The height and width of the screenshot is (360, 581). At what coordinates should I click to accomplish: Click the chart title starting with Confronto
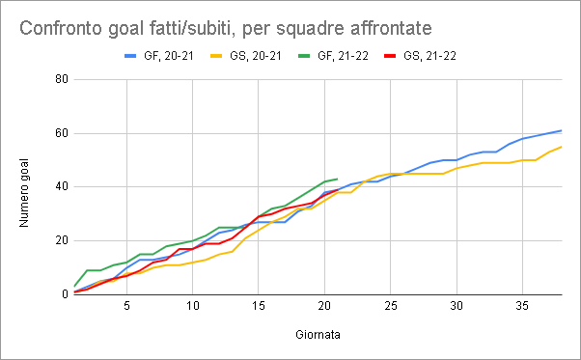(x=225, y=28)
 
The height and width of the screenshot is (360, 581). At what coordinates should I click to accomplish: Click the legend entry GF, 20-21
(x=159, y=56)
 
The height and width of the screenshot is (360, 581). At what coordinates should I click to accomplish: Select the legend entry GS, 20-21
(x=246, y=56)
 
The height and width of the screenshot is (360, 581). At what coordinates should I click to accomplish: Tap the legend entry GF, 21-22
(x=334, y=56)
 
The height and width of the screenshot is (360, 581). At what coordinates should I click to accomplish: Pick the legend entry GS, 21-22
(x=420, y=56)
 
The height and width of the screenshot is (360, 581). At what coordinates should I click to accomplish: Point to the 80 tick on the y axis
(x=62, y=79)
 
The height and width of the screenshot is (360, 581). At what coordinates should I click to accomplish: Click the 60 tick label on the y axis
(x=62, y=133)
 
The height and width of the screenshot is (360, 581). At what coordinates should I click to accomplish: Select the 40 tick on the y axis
(x=62, y=186)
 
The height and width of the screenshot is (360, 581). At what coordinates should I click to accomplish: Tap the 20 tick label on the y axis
(x=62, y=240)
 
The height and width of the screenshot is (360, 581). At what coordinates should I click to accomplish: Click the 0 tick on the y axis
(x=66, y=294)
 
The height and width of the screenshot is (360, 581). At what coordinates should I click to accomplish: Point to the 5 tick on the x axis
(x=126, y=306)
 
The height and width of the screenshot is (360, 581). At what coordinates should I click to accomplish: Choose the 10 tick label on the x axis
(x=193, y=306)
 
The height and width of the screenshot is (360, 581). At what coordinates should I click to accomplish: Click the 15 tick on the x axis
(x=259, y=306)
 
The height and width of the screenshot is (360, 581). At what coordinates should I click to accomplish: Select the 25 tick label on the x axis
(x=391, y=306)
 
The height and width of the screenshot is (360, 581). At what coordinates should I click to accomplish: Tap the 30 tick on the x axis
(x=456, y=306)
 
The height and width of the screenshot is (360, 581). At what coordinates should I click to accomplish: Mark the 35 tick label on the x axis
(x=522, y=306)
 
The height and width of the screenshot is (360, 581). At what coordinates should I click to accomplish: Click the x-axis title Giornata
(x=318, y=335)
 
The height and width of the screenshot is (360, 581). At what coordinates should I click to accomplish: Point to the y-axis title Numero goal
(x=24, y=193)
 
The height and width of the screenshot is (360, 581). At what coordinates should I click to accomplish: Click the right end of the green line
(x=338, y=179)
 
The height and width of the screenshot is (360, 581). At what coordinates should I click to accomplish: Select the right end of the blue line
(x=562, y=130)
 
